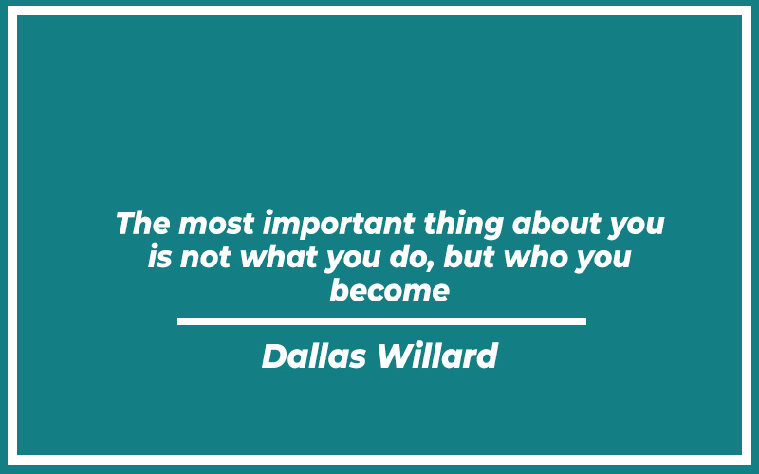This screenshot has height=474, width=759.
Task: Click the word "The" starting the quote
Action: (143, 224)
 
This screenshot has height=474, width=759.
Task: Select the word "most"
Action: (216, 225)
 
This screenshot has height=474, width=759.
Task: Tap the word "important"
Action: (339, 226)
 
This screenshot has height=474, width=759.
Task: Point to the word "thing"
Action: (464, 226)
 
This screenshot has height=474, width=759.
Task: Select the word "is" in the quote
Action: (160, 256)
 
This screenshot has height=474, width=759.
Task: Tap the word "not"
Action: (205, 257)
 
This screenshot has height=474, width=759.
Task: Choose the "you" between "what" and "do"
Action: (353, 260)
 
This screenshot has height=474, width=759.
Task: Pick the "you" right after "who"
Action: (603, 260)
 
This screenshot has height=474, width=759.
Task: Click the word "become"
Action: (390, 290)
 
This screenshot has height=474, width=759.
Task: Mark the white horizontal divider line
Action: (382, 321)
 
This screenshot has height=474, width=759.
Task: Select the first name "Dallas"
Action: (314, 355)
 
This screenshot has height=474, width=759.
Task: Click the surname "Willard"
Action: (437, 355)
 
